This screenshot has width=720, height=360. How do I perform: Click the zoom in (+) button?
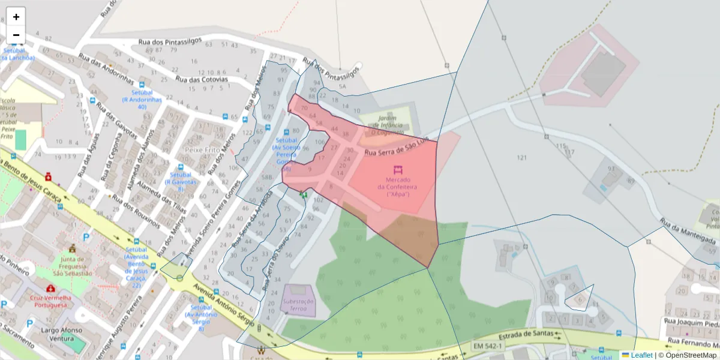(x=16, y=17)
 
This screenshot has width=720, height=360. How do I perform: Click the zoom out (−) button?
(x=16, y=35)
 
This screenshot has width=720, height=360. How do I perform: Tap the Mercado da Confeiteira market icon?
(x=397, y=170)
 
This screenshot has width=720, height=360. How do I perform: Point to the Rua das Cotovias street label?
(x=202, y=79)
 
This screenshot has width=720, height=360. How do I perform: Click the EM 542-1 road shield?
(x=487, y=346)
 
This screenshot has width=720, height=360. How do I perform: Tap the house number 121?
(x=521, y=158)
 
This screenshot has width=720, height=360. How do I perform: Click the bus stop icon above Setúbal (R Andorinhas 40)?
(x=142, y=85)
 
